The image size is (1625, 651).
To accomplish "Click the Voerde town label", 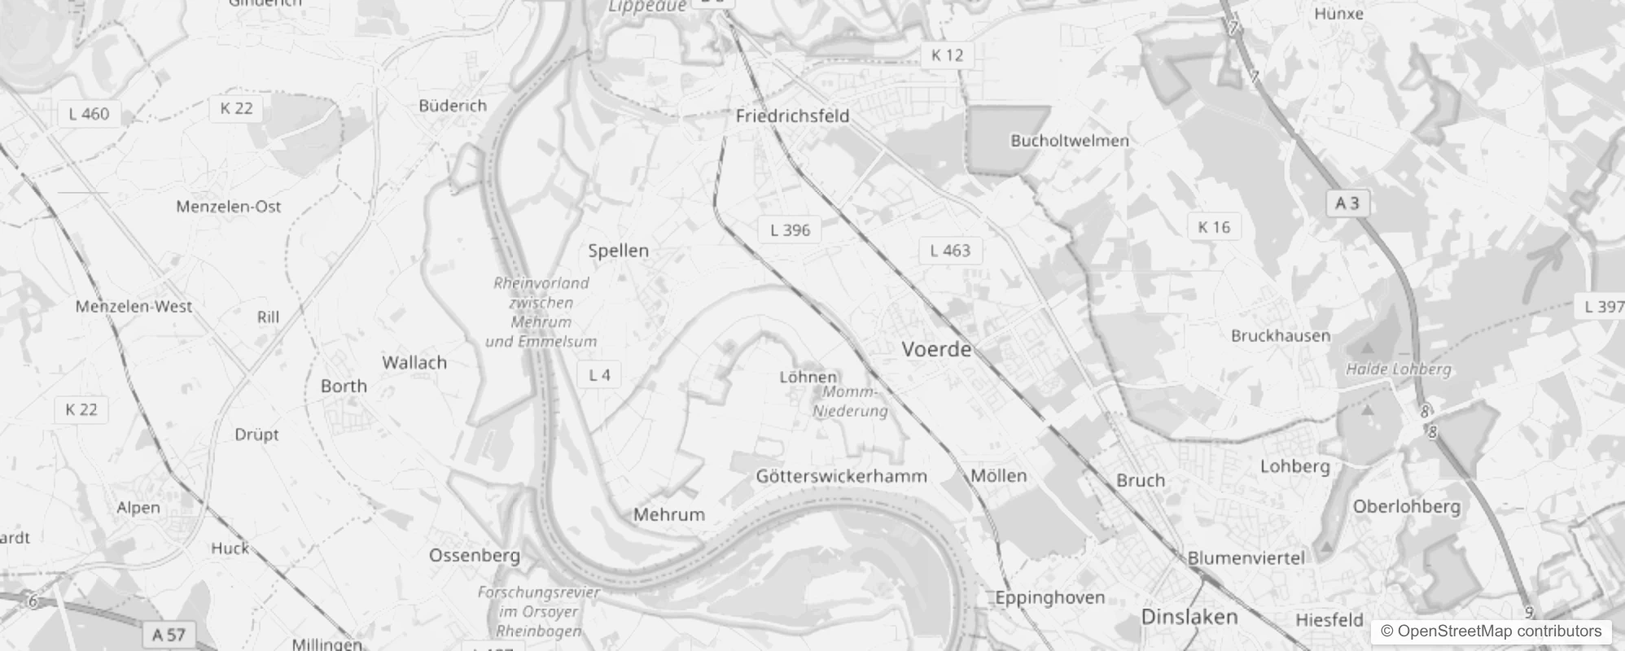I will [936, 350].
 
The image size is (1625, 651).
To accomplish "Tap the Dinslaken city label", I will [1189, 617].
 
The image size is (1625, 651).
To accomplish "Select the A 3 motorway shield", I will [1347, 203].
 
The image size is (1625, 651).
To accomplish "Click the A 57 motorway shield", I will [169, 635].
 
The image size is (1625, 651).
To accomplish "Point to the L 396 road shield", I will [790, 230].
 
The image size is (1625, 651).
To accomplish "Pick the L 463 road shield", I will [950, 251].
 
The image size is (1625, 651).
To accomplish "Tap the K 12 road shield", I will [947, 55].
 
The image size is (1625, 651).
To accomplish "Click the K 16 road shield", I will [1214, 228].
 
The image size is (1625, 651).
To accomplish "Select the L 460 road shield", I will [89, 114].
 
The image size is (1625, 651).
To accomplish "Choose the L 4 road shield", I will [599, 375].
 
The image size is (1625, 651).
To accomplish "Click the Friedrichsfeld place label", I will [792, 116].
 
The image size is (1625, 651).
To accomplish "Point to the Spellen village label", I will [619, 251].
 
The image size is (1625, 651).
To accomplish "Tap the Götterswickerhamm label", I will [841, 477].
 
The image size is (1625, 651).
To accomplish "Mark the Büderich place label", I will [453, 106].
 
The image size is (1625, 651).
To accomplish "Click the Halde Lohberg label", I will [1398, 369].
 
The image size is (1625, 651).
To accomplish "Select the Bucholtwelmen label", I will [1070, 141].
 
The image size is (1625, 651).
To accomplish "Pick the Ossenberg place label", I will [475, 556].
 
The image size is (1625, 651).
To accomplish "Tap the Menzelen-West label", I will [134, 307].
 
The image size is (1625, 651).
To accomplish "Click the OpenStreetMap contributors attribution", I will [1491, 631].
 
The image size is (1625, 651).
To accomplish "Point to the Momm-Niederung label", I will [850, 401].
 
